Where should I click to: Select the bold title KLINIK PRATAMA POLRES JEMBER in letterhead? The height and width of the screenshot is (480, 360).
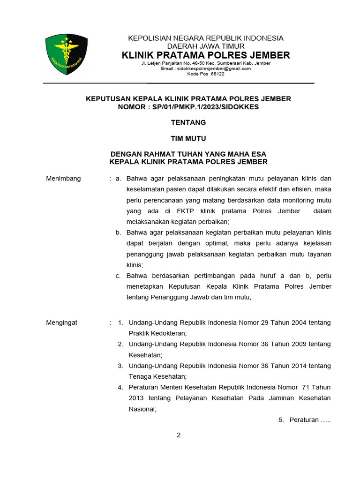coord(206,55)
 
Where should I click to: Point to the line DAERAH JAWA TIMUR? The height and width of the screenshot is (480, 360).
coord(206,46)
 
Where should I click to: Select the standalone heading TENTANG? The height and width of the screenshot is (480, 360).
coord(188,122)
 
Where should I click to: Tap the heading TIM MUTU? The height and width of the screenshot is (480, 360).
coord(188,138)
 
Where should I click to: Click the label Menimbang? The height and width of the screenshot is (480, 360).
coord(63,179)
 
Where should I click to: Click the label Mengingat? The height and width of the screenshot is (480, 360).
coord(62,322)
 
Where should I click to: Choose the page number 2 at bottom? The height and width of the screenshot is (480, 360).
coord(178,435)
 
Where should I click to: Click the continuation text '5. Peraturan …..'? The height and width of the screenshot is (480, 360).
coord(305,420)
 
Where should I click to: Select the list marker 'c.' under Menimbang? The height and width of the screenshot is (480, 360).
coord(119,276)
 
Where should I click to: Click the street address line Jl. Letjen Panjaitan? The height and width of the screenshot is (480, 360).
coord(206,63)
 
